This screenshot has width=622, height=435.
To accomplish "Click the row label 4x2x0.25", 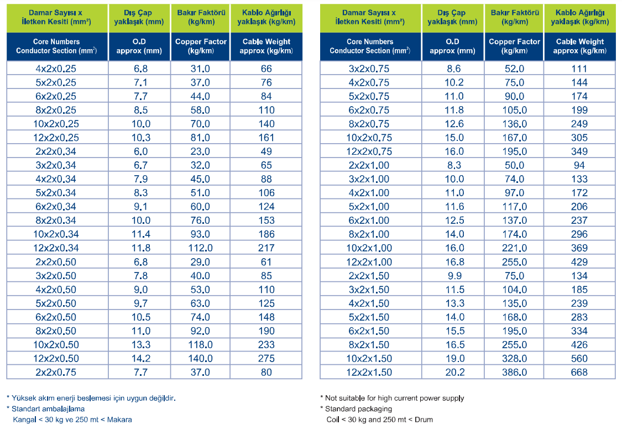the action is (x=55, y=69).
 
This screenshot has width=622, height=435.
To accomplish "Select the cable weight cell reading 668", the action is (x=579, y=373).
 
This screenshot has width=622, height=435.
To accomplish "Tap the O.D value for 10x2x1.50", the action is (x=454, y=359).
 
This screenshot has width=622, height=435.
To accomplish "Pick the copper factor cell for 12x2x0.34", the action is (x=200, y=248).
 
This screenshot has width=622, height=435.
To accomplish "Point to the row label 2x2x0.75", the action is (x=55, y=373).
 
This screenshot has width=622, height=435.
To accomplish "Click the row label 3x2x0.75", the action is (x=369, y=69).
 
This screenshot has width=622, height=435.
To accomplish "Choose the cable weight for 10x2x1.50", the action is (x=579, y=359).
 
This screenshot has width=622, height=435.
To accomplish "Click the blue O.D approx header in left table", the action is (x=139, y=46).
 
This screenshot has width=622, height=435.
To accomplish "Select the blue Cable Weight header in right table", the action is (x=579, y=46).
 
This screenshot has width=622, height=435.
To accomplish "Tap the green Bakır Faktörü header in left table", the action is (x=201, y=18).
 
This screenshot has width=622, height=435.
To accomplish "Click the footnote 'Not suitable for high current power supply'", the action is (x=394, y=398).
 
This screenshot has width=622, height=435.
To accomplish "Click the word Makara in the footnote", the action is (x=119, y=420).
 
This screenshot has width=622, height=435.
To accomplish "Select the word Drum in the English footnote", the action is (x=424, y=420).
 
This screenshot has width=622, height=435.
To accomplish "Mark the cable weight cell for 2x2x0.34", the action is (x=266, y=151).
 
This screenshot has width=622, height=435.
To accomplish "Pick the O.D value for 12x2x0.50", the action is (x=141, y=359).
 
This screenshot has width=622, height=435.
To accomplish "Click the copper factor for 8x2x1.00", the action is (x=515, y=234).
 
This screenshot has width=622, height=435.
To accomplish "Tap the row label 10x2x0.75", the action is (x=369, y=138).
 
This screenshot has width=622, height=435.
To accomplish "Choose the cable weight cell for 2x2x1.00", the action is (x=579, y=165).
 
